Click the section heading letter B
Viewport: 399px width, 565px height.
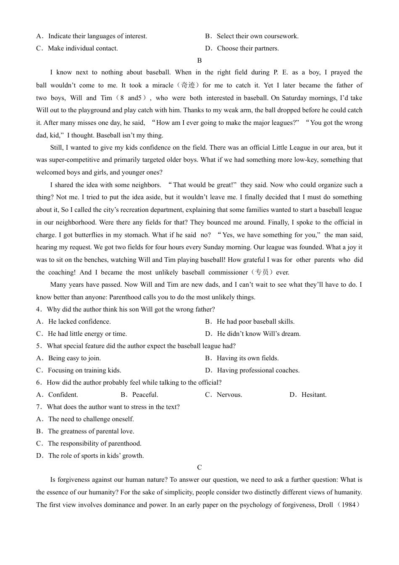199,61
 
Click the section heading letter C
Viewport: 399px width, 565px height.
199,467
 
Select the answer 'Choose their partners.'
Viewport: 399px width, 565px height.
247,48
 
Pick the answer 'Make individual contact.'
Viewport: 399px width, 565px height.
82,48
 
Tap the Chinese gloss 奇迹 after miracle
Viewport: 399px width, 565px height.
188,85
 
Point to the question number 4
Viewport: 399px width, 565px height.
38,309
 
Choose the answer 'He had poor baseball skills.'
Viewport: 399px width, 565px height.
255,322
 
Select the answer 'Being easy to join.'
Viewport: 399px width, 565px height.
74,358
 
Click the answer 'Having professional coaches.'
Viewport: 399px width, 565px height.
258,370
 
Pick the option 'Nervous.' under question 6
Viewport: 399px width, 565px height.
229,395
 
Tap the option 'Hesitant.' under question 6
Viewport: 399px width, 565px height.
314,395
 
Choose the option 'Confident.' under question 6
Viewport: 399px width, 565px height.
63,395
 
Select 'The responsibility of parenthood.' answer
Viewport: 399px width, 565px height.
94,444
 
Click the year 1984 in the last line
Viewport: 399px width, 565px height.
349,505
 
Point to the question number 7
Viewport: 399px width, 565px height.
38,407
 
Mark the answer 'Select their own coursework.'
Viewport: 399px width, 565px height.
257,36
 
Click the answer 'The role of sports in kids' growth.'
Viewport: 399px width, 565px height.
96,456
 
